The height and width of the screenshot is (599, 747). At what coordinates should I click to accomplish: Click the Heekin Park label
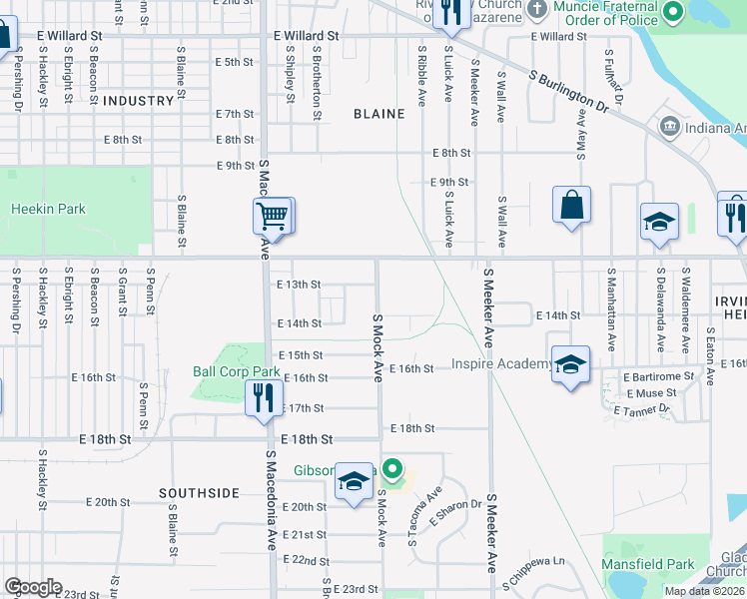[x=48, y=210]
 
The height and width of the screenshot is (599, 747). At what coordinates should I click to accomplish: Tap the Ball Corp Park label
[x=236, y=371]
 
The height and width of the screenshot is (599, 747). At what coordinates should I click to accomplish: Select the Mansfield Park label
[x=648, y=564]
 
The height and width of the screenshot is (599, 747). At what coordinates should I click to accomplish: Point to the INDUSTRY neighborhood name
[x=138, y=101]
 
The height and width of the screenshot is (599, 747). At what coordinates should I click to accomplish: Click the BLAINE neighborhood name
[x=379, y=114]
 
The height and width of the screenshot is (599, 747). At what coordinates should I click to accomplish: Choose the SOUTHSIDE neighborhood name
[x=199, y=493]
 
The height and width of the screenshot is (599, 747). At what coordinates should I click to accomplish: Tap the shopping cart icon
[x=273, y=215]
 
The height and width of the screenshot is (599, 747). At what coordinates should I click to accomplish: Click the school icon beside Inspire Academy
[x=570, y=365]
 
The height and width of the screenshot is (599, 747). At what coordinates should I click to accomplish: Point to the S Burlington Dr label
[x=569, y=90]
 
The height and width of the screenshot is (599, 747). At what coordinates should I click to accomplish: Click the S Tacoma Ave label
[x=424, y=517]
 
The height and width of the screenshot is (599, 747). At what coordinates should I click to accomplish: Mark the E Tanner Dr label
[x=646, y=410]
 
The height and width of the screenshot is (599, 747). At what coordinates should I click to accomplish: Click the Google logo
[x=33, y=587]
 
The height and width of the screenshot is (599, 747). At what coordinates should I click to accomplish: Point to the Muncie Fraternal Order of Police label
[x=613, y=13]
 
